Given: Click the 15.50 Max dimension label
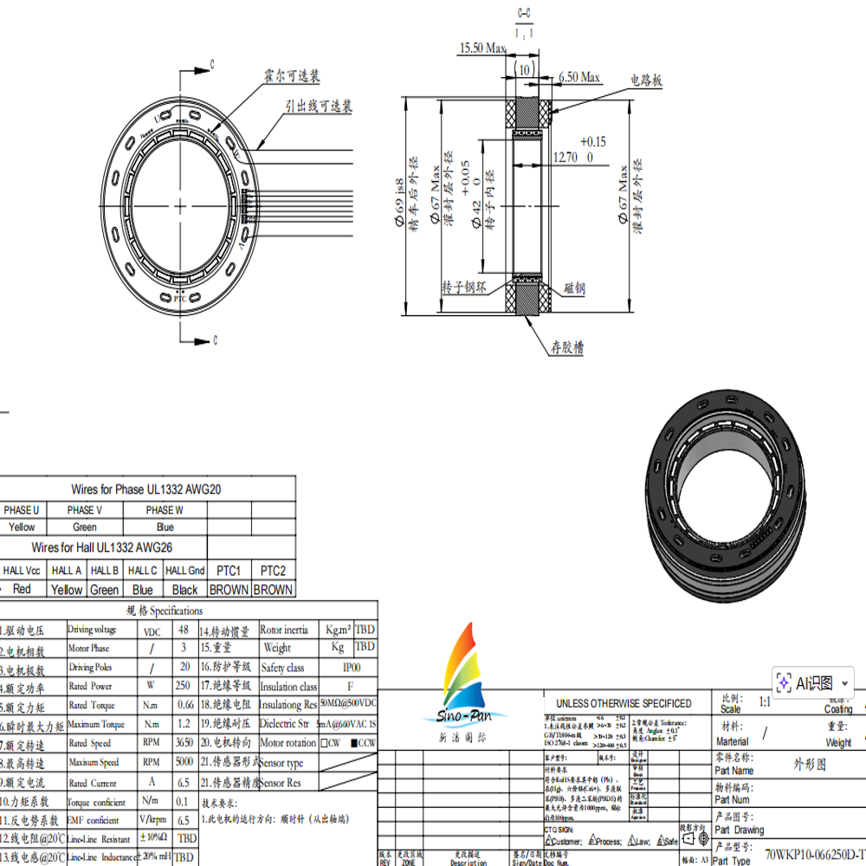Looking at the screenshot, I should click(482, 48).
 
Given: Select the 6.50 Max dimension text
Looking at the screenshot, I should click(579, 78).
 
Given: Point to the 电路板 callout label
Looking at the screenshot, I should click(646, 80).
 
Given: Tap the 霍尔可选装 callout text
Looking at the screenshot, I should click(292, 76).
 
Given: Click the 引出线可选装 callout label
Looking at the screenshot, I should click(319, 107).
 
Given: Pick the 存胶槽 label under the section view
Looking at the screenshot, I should click(567, 347).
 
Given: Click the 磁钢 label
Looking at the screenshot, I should click(575, 288).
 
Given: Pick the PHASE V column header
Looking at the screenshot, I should click(85, 510).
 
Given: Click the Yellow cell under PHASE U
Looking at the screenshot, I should click(22, 527).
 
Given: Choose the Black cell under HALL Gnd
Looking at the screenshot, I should click(184, 590).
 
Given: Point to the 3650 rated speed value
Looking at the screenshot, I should click(183, 744).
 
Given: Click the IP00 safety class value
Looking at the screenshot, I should click(352, 668).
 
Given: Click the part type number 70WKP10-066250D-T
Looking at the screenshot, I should click(814, 854).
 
